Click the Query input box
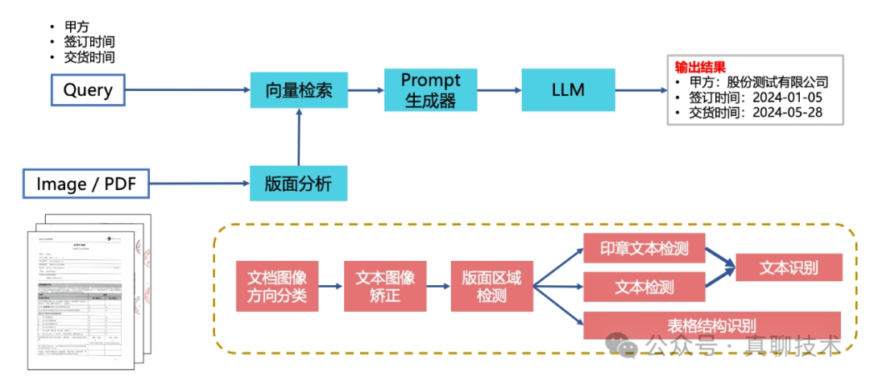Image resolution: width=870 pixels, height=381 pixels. click(88, 89)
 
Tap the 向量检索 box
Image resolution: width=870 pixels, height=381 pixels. click(299, 90)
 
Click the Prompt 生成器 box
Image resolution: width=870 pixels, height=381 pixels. click(430, 90)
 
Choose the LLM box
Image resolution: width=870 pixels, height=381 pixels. click(568, 89)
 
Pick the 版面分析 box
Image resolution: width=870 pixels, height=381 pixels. click(299, 184)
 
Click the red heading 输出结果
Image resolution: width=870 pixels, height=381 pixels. click(700, 67)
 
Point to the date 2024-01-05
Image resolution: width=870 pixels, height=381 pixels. click(786, 97)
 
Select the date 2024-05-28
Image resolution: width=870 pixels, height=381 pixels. click(786, 113)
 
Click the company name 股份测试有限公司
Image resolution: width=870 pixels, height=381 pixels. click(777, 82)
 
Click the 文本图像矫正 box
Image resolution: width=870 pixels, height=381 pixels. click(384, 287)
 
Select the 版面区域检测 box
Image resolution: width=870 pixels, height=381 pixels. click(491, 287)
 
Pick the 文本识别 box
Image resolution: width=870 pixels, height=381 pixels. click(789, 267)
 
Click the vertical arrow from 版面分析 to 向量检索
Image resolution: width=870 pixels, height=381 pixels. click(300, 138)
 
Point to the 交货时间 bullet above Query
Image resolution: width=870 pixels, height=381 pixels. click(89, 57)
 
